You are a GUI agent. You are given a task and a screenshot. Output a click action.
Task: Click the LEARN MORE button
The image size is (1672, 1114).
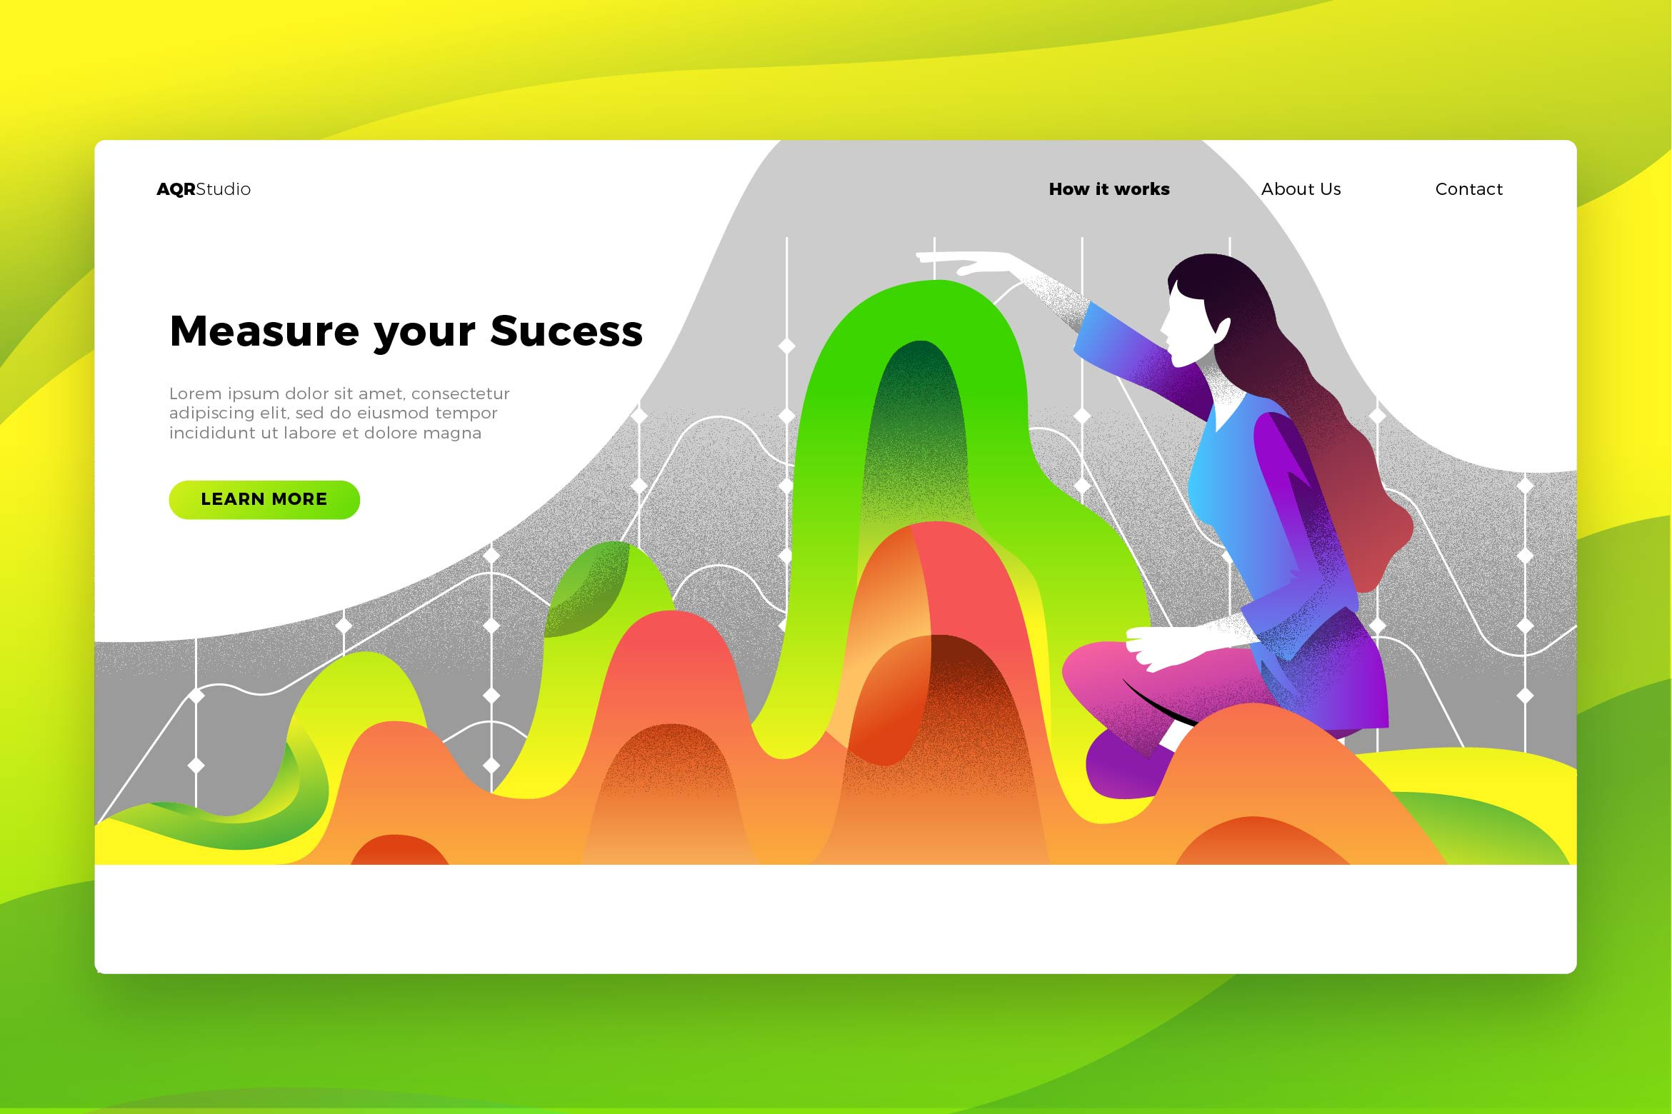[264, 500]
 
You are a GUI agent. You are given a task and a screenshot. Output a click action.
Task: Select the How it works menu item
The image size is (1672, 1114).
[1109, 189]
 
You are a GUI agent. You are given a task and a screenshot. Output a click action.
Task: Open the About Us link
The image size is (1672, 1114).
[1301, 189]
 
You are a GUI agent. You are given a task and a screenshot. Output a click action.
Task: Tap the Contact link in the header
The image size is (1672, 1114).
[1468, 189]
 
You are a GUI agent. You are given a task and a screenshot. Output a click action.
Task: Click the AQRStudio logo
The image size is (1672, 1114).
[204, 189]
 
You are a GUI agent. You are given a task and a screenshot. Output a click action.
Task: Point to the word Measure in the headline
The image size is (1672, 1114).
[265, 331]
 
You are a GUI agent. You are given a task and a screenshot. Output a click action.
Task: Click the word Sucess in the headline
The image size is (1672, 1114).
[566, 331]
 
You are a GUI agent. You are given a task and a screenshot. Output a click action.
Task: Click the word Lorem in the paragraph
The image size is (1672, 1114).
[195, 393]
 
